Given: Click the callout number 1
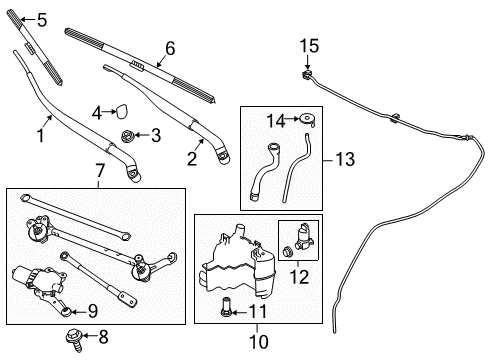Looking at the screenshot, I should (x=41, y=130).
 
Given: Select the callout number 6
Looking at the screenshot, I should (x=169, y=47).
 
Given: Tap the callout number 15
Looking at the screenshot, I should (x=309, y=46).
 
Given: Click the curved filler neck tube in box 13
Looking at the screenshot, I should (x=267, y=164).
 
